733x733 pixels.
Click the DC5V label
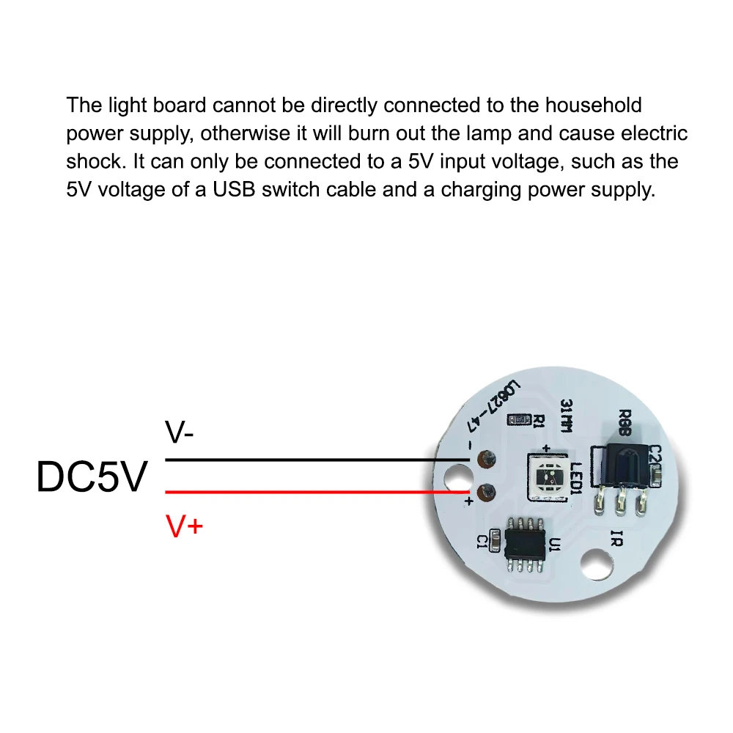point(92,477)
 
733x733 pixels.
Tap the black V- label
point(180,435)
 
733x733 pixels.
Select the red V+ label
point(183,526)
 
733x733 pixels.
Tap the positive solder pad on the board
point(482,492)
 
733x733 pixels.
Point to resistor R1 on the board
point(523,419)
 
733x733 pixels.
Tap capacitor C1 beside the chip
point(497,542)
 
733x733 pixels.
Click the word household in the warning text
point(593,105)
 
